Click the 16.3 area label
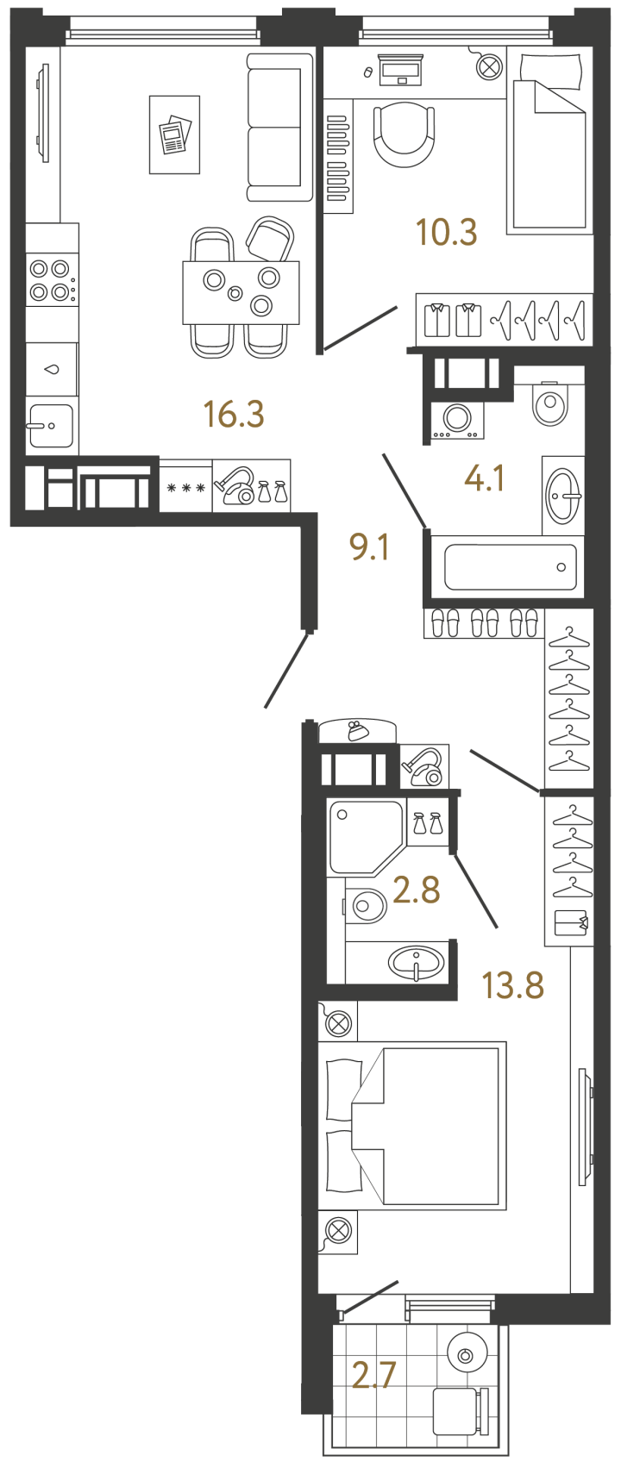click(234, 414)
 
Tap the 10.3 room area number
click(447, 232)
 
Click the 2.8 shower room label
click(417, 890)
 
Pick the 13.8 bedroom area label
click(513, 985)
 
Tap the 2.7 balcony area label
click(373, 1374)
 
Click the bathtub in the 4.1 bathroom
click(510, 567)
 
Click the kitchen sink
click(50, 426)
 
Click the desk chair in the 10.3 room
click(404, 134)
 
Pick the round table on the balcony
click(467, 1355)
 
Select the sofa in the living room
click(280, 128)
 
